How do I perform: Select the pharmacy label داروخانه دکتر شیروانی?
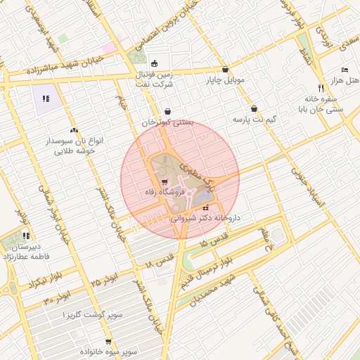(x=206, y=218)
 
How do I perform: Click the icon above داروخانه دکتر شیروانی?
(x=205, y=208)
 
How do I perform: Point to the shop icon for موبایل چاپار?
(x=225, y=70)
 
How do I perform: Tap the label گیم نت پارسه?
(x=254, y=120)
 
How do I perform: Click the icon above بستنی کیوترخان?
(x=167, y=111)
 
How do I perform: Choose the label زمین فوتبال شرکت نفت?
(x=155, y=77)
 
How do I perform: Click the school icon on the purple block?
(x=46, y=98)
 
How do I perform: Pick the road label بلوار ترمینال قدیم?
(x=228, y=271)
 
